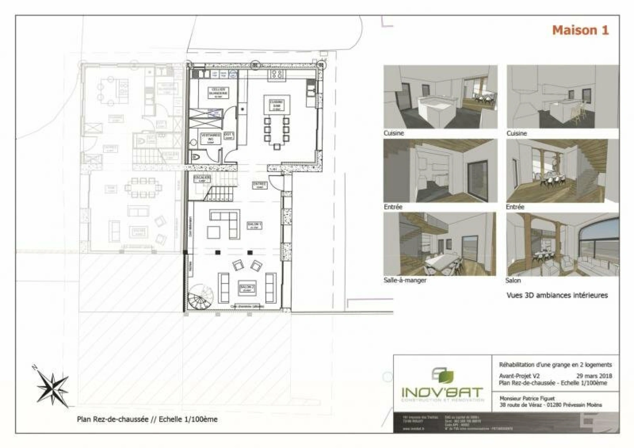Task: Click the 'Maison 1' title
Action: coord(580,30)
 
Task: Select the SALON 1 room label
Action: coord(254,225)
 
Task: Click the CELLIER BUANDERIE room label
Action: coord(218,91)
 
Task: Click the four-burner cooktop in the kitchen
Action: coord(277,75)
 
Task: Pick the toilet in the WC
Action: coord(195,157)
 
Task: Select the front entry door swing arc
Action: coord(274,181)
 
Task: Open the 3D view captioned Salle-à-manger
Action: coord(440,244)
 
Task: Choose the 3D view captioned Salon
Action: coord(563,244)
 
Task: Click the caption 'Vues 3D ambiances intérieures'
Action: coord(557,295)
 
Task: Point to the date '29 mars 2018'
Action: coord(594,376)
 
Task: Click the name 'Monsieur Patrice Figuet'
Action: coord(527,398)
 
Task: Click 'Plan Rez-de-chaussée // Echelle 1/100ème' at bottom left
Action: coord(147,419)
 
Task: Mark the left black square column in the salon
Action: coord(217,252)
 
